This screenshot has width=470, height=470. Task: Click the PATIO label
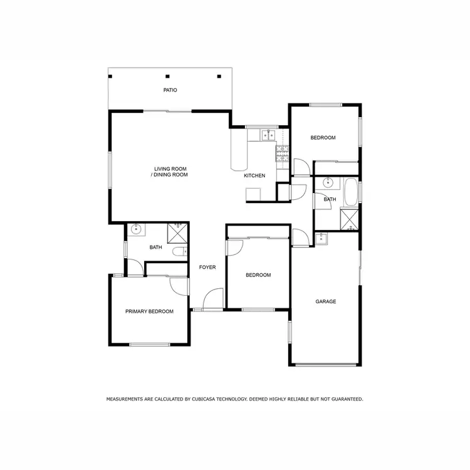[170, 90]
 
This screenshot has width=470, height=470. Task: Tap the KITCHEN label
[254, 175]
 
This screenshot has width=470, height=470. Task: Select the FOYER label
[207, 268]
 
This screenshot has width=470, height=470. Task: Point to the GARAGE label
[325, 301]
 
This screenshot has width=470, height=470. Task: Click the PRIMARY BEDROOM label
[149, 311]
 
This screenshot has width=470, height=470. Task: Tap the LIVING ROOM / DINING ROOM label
[169, 172]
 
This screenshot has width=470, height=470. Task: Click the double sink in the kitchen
[269, 135]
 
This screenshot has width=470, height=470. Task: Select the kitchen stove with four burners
[282, 151]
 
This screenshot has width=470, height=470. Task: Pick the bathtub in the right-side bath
[351, 191]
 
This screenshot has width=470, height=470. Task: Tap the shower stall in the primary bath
[178, 233]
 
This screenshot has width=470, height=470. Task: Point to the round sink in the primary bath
[137, 230]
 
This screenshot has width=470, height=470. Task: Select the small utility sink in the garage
[321, 238]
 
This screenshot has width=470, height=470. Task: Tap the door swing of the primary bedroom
[179, 285]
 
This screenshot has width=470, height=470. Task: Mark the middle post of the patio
[167, 76]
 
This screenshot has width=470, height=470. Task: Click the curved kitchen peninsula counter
[238, 150]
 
